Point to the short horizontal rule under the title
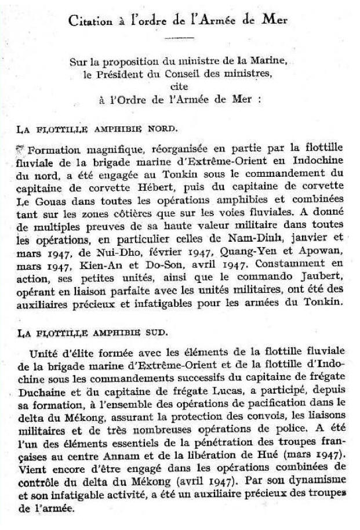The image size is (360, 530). tap(179, 39)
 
